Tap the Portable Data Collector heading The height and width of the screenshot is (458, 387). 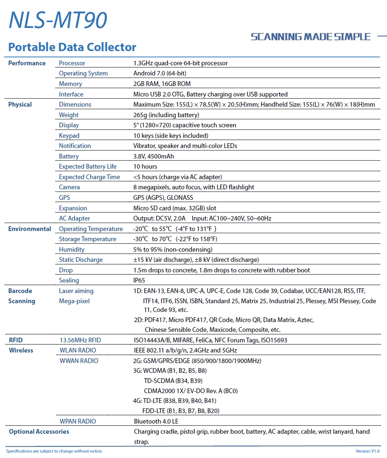pyautogui.click(x=72, y=47)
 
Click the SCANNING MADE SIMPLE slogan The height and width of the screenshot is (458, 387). pyautogui.click(x=310, y=37)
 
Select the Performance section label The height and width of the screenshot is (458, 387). pyautogui.click(x=27, y=63)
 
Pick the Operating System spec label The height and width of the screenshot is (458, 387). pyautogui.click(x=83, y=73)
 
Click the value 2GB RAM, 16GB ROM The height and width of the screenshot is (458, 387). pyautogui.click(x=162, y=84)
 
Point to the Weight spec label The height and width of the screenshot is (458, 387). pyautogui.click(x=69, y=115)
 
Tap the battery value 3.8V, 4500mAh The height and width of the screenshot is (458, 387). pyautogui.click(x=153, y=156)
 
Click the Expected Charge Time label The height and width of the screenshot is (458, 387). pyautogui.click(x=89, y=177)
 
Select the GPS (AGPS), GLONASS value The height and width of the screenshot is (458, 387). pyautogui.click(x=163, y=198)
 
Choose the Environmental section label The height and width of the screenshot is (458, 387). pyautogui.click(x=29, y=229)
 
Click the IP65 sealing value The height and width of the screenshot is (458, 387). pyautogui.click(x=139, y=280)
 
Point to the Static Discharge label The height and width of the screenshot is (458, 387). pyautogui.click(x=81, y=260)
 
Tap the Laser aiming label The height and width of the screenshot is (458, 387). pyautogui.click(x=76, y=291)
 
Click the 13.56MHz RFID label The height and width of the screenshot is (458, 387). pyautogui.click(x=80, y=340)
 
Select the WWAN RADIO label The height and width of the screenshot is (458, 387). pyautogui.click(x=79, y=361)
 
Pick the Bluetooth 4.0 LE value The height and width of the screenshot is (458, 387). pyautogui.click(x=156, y=421)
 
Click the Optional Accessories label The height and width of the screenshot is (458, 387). pyautogui.click(x=39, y=432)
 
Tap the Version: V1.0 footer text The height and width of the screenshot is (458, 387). pyautogui.click(x=367, y=451)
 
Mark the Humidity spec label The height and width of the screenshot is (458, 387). pyautogui.click(x=72, y=249)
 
